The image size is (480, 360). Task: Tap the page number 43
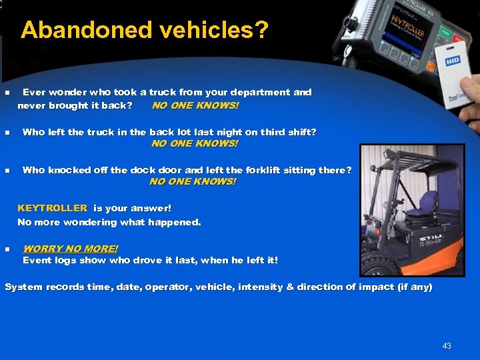(447, 345)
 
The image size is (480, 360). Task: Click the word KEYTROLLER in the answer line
(52, 209)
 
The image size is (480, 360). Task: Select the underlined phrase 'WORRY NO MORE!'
(71, 249)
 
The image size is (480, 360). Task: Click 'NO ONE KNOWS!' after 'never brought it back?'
(195, 105)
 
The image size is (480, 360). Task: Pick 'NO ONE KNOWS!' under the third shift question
(195, 143)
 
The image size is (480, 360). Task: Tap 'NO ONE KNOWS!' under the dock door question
(193, 181)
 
